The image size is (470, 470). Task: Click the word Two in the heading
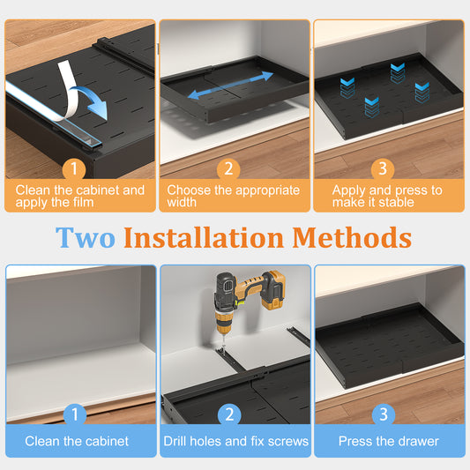click(86, 238)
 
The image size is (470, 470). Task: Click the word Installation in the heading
click(204, 238)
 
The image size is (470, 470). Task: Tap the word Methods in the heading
click(352, 238)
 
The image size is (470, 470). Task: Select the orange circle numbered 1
click(74, 168)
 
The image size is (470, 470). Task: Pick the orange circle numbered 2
click(228, 168)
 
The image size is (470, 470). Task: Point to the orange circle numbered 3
click(383, 168)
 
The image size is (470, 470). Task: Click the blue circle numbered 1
click(75, 414)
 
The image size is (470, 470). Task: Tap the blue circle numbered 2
click(229, 414)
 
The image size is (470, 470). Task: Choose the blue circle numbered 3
click(384, 414)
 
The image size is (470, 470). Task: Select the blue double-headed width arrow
click(230, 86)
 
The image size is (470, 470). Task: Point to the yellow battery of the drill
click(272, 290)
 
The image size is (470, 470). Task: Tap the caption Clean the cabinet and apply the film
click(80, 197)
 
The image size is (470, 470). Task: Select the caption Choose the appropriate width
click(234, 197)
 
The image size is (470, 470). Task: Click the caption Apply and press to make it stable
click(387, 197)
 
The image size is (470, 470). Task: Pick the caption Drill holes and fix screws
click(236, 441)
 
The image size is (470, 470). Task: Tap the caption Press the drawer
click(389, 441)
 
